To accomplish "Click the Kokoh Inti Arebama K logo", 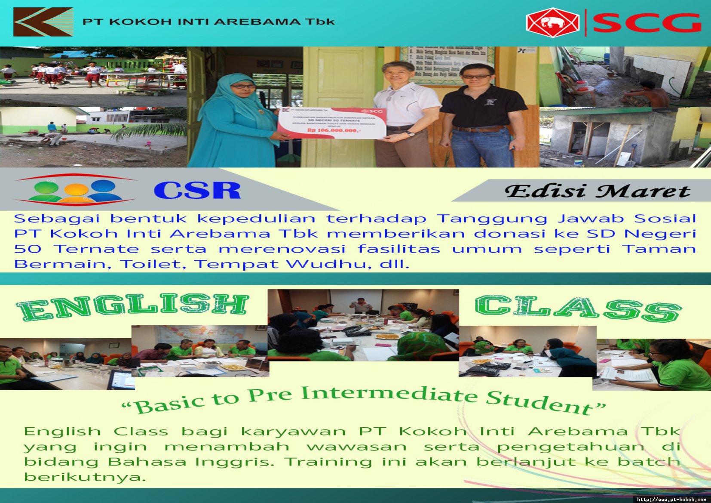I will (x=43, y=22).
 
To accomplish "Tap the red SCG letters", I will (x=647, y=23).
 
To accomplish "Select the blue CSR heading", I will (x=197, y=191).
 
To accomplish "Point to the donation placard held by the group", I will (x=332, y=123).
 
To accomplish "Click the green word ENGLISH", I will (x=133, y=306).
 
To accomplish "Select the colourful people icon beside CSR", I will (x=76, y=191).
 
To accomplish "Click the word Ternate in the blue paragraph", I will (x=97, y=249).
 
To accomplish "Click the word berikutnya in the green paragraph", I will (x=84, y=477).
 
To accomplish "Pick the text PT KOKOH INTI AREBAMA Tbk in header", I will (x=208, y=22).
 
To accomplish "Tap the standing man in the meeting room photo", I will (x=362, y=304).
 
